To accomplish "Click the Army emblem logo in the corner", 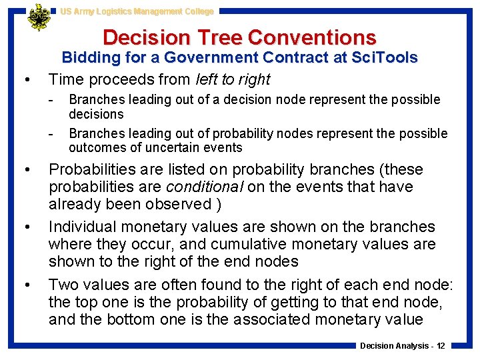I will click(x=38, y=17).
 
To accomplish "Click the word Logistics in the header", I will click(x=115, y=11).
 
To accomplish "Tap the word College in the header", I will click(x=197, y=11).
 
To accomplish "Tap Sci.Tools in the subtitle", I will click(x=383, y=58).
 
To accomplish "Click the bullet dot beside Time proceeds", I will click(x=25, y=80).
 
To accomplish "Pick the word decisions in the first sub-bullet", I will click(x=96, y=114).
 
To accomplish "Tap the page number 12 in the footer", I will click(x=440, y=345).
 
